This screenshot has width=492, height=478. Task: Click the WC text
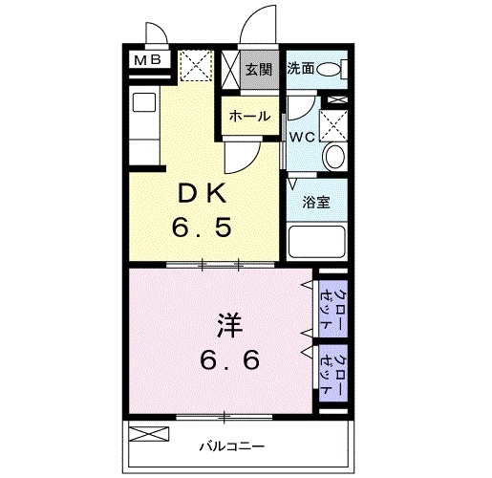pyautogui.click(x=303, y=137)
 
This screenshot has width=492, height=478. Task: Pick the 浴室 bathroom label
pyautogui.click(x=315, y=203)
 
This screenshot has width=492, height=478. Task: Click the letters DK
pyautogui.click(x=202, y=192)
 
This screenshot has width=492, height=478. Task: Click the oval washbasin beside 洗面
pyautogui.click(x=330, y=69)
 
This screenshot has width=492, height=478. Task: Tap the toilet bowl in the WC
pyautogui.click(x=333, y=159)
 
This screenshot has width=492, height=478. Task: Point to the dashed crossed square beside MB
pyautogui.click(x=195, y=66)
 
